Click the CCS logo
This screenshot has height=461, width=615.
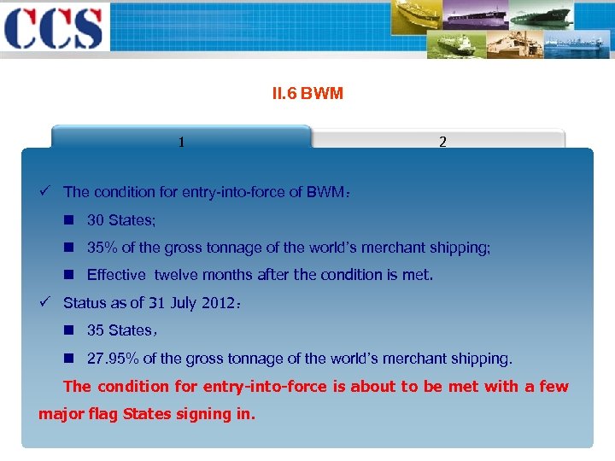coord(53,27)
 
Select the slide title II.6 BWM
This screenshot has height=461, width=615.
coord(307,93)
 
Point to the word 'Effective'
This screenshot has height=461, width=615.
coord(116,275)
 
